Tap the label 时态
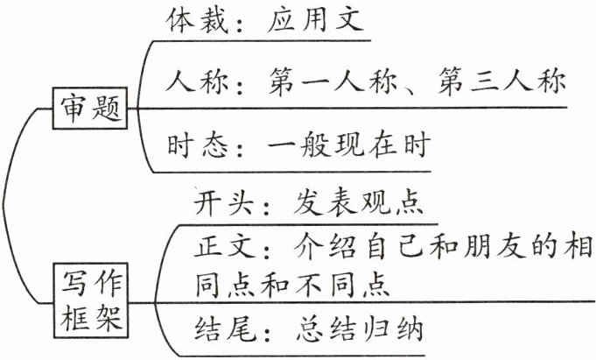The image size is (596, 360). click(193, 142)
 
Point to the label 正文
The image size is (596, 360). click(221, 247)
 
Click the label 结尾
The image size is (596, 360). click(221, 330)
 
